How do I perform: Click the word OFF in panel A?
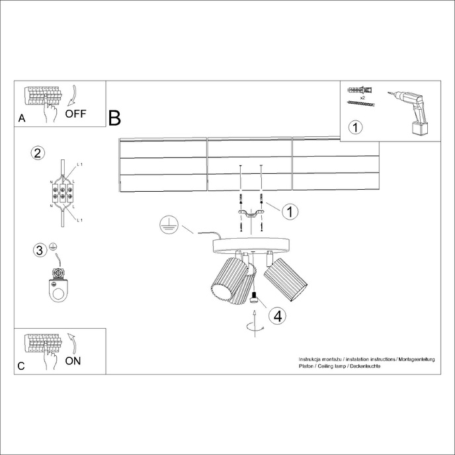pyautogui.click(x=75, y=113)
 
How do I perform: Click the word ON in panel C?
pyautogui.click(x=73, y=361)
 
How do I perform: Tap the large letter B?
pyautogui.click(x=114, y=118)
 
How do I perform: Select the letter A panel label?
pyautogui.click(x=22, y=119)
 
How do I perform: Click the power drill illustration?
pyautogui.click(x=411, y=111)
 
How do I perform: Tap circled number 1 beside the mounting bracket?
pyautogui.click(x=288, y=212)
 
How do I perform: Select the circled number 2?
pyautogui.click(x=38, y=153)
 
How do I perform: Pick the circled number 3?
pyautogui.click(x=40, y=250)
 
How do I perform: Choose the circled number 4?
pyautogui.click(x=278, y=316)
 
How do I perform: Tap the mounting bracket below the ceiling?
pyautogui.click(x=251, y=213)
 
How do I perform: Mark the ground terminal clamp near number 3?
pyautogui.click(x=59, y=282)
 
